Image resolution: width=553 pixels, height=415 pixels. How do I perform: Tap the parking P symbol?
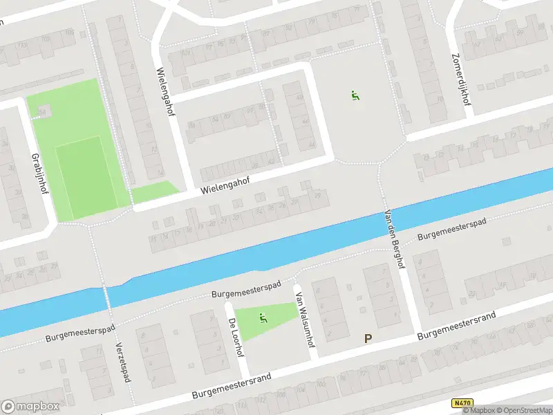coord(368,339)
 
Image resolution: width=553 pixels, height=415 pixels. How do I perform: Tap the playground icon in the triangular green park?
coord(263,318)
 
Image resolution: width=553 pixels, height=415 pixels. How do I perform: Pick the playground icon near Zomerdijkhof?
coord(355,96)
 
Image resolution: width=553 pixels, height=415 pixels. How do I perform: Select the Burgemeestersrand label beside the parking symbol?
coord(456,326)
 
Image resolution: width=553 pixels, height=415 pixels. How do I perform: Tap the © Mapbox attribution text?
coord(479,411)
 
